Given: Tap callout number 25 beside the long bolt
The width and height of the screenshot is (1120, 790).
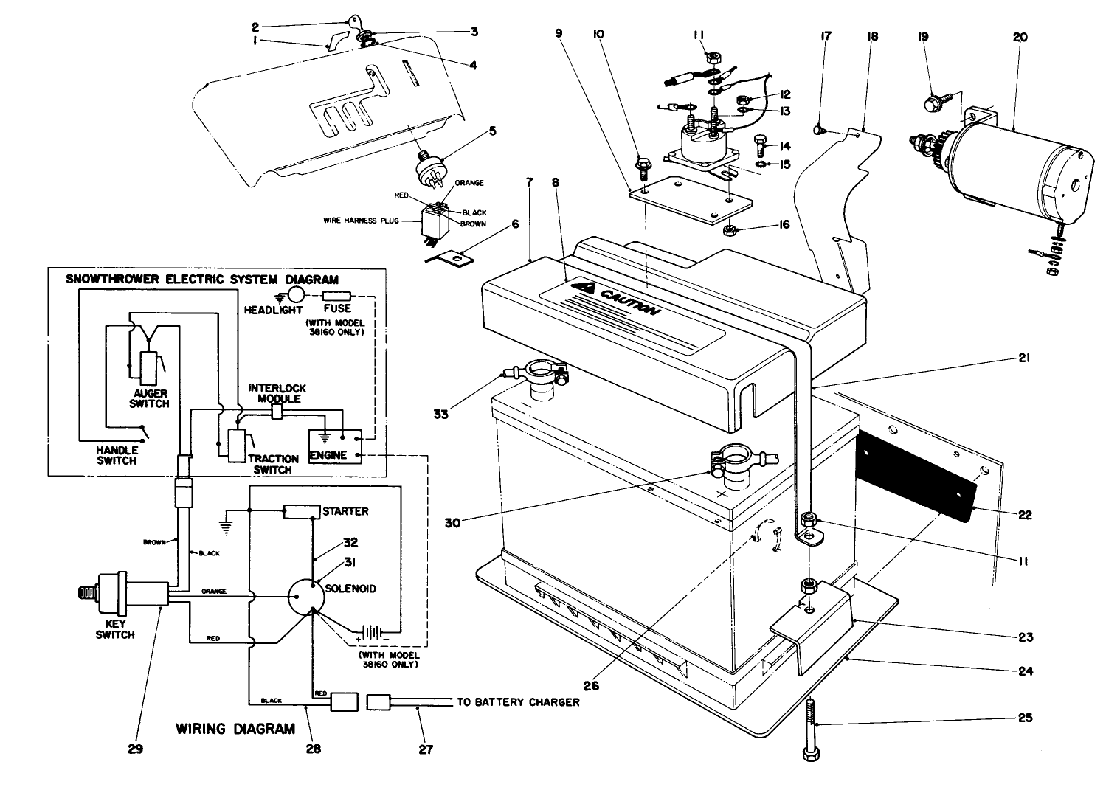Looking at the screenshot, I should click(x=1026, y=717).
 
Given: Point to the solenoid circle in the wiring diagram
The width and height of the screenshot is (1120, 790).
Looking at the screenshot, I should click(x=304, y=596).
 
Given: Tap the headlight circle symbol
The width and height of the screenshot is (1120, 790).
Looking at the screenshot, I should click(x=294, y=294).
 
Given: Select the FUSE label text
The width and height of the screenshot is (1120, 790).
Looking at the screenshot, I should click(x=337, y=308).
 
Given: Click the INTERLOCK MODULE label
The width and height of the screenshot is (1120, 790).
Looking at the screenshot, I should click(x=277, y=393).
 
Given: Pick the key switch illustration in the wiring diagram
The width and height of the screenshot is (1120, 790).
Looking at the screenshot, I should click(x=118, y=592).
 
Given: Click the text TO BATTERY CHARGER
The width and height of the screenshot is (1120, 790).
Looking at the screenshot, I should click(x=518, y=701).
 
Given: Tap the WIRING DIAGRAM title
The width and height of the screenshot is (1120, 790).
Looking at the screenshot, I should click(x=235, y=729).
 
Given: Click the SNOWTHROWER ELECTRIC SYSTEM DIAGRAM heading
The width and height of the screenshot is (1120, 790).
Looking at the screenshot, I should click(x=202, y=280).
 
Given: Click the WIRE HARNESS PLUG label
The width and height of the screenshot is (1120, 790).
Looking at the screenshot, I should click(x=361, y=221).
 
